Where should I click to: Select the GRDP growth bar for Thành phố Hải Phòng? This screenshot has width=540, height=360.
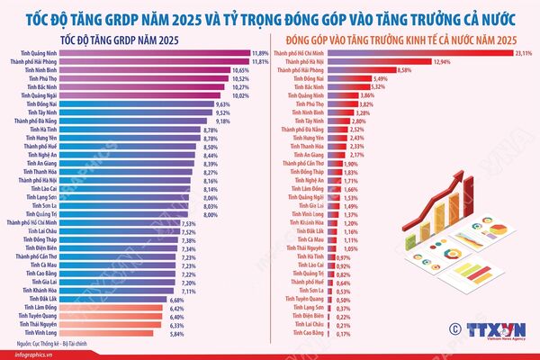(153, 61)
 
